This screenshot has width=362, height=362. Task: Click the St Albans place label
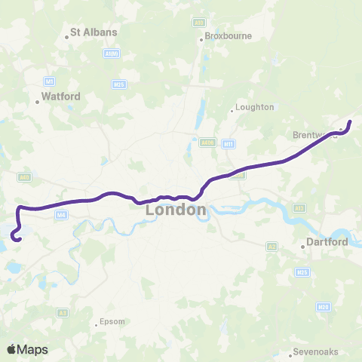point(94,33)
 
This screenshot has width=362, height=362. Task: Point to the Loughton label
point(254,107)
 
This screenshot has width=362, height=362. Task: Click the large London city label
point(176,210)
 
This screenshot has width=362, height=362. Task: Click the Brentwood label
point(312,136)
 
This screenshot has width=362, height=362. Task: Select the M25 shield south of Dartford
point(302,271)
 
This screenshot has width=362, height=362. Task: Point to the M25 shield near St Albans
point(119,84)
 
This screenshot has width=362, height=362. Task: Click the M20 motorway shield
point(324,307)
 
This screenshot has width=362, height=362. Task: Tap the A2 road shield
point(271,246)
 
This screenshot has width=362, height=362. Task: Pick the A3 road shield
point(63,312)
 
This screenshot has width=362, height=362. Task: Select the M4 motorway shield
point(60,215)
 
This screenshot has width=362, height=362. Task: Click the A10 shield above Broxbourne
point(199,23)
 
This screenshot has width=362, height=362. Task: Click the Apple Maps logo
point(27,349)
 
